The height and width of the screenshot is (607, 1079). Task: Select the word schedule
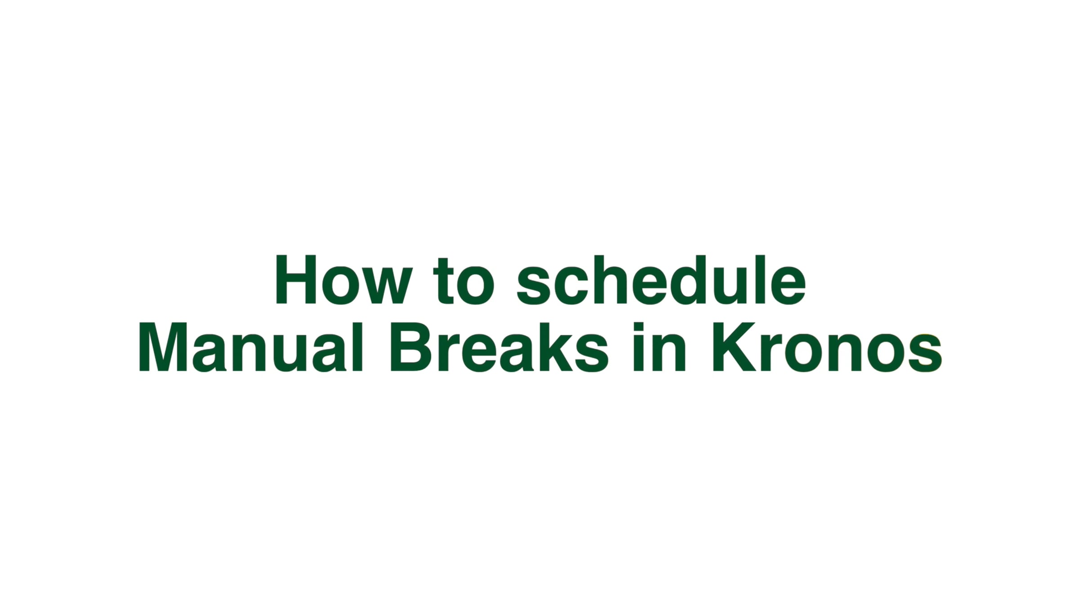661,280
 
